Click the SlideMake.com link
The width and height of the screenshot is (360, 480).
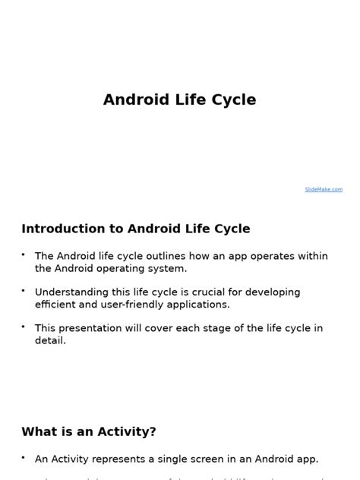click(x=324, y=189)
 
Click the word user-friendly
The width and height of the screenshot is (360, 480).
click(x=140, y=304)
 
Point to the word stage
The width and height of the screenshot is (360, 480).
click(x=216, y=328)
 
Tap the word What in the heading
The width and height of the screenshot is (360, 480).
click(x=38, y=431)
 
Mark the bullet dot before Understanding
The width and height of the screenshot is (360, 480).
click(x=24, y=290)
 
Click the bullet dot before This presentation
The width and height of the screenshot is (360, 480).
click(x=24, y=327)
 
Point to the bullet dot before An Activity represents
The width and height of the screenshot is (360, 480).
click(x=24, y=457)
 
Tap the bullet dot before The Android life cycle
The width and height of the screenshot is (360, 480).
click(x=24, y=254)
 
